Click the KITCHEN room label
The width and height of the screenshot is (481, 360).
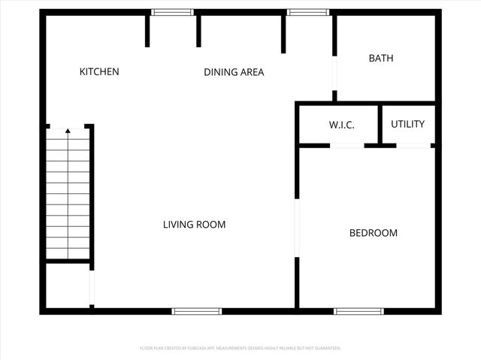pyautogui.click(x=99, y=72)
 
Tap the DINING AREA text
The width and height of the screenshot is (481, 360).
pyautogui.click(x=234, y=73)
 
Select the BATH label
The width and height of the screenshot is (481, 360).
pyautogui.click(x=380, y=59)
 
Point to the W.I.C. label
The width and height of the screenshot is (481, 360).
pyautogui.click(x=341, y=126)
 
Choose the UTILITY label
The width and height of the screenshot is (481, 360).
pyautogui.click(x=407, y=125)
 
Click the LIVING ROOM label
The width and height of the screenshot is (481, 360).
pyautogui.click(x=195, y=225)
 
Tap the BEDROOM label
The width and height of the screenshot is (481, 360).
pyautogui.click(x=373, y=233)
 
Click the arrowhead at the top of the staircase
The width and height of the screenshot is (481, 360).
pyautogui.click(x=68, y=131)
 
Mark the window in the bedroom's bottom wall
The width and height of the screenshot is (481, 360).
pyautogui.click(x=358, y=311)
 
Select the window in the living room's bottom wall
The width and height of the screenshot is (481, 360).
pyautogui.click(x=197, y=311)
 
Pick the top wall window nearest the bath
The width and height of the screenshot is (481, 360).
pyautogui.click(x=302, y=12)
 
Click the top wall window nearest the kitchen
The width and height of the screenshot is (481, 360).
pyautogui.click(x=172, y=12)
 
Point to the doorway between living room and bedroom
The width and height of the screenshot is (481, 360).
pyautogui.click(x=297, y=228)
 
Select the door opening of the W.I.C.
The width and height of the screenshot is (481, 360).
pyautogui.click(x=346, y=145)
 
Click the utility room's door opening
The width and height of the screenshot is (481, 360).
pyautogui.click(x=413, y=145)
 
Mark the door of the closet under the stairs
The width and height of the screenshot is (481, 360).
pyautogui.click(x=92, y=287)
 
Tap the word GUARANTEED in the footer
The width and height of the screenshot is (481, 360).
pyautogui.click(x=326, y=349)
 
